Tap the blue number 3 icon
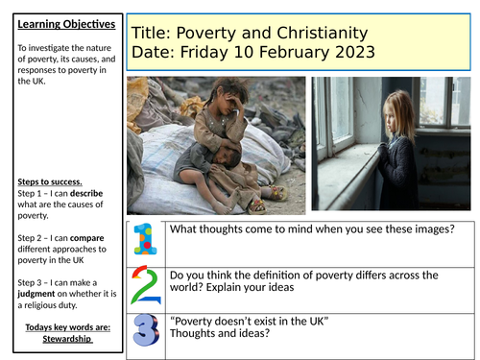(144, 331)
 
